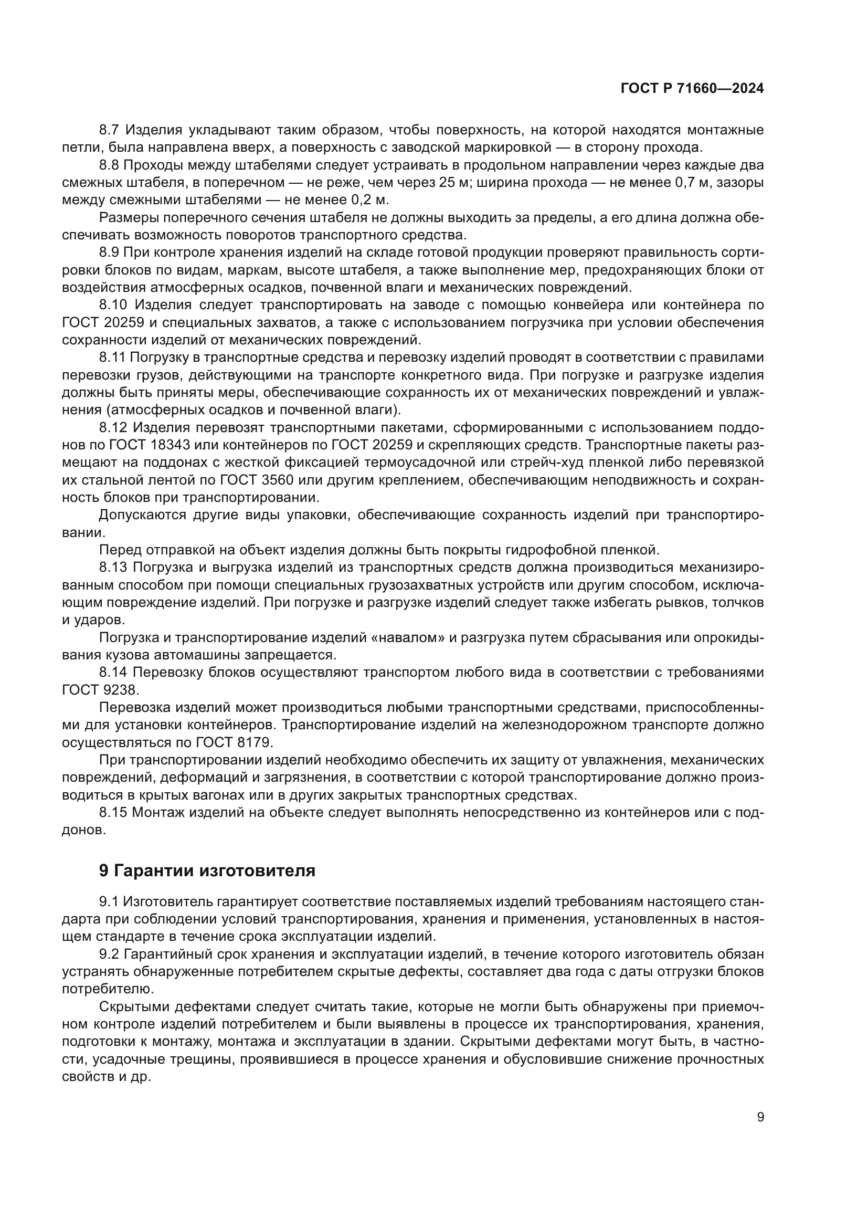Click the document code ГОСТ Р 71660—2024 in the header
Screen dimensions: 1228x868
click(x=692, y=89)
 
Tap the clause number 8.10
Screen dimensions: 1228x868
click(x=115, y=305)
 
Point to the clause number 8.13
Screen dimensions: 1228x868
click(x=115, y=568)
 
